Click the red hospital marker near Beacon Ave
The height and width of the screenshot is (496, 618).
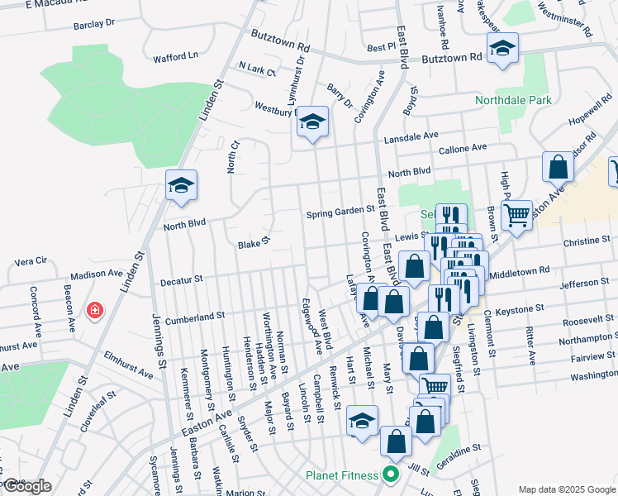click(x=96, y=311)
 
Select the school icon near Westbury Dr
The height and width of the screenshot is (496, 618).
click(x=312, y=123)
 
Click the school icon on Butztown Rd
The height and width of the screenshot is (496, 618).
click(x=502, y=49)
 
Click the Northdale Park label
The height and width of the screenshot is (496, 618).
click(x=512, y=101)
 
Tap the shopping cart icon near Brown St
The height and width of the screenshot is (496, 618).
click(x=516, y=216)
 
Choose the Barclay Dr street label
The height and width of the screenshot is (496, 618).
click(x=93, y=25)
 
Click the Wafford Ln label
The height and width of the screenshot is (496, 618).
click(x=176, y=57)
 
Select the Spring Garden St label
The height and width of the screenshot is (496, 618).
click(x=341, y=212)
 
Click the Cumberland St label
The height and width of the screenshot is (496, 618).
click(x=195, y=317)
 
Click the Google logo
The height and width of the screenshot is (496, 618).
click(x=26, y=486)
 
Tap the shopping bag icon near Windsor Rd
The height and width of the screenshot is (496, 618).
click(x=559, y=167)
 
